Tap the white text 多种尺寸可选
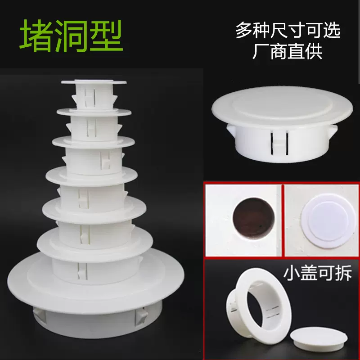click(288, 31)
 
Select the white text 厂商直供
click(288, 53)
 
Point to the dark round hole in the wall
click(253, 219)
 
